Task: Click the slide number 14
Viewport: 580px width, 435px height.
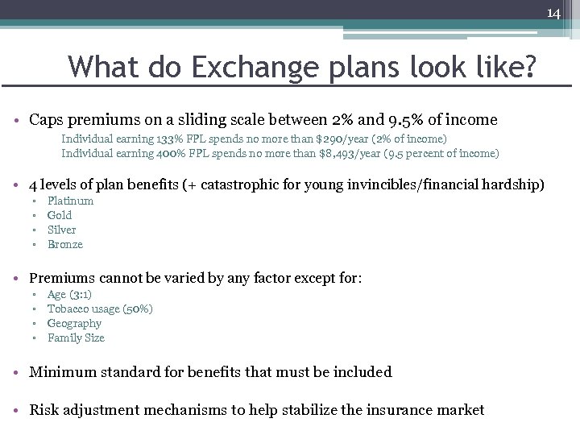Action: [553, 13]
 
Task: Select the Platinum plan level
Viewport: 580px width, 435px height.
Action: [70, 201]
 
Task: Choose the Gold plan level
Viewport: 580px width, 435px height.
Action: [60, 215]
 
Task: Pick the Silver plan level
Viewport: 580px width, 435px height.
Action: [62, 230]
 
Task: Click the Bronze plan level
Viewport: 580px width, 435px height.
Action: [65, 244]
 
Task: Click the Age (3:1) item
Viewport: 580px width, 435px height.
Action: [69, 295]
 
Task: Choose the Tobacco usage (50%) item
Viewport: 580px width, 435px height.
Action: [100, 309]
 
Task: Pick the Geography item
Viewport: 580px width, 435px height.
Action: [74, 324]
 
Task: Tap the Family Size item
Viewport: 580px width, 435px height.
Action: [76, 338]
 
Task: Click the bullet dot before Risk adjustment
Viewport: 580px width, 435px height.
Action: [19, 411]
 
